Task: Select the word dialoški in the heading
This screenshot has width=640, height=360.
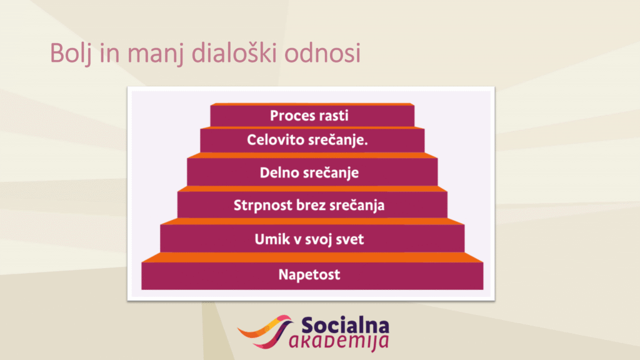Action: click(234, 52)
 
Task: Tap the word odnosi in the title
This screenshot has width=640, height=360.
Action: click(322, 52)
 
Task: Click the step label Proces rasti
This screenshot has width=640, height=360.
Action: click(309, 116)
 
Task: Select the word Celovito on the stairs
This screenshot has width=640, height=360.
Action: click(276, 140)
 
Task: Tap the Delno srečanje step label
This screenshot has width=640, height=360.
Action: click(309, 173)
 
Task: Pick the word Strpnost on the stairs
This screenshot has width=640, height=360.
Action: click(263, 205)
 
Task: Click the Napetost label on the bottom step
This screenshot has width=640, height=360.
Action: click(309, 275)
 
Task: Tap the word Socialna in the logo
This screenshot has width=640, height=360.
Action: click(345, 326)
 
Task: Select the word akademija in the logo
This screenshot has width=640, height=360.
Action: click(339, 342)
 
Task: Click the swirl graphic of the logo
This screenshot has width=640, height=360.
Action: click(265, 331)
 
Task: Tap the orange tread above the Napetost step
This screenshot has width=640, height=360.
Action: click(312, 257)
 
